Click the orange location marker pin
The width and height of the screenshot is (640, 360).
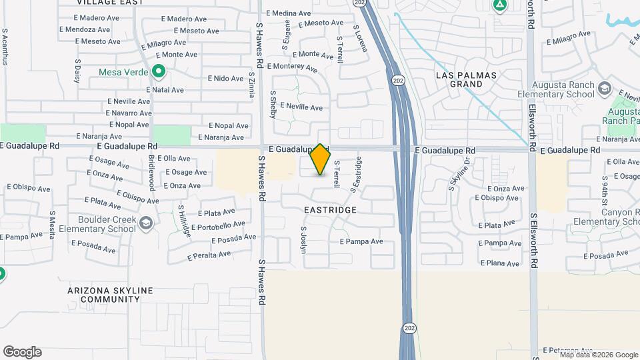point(321,159)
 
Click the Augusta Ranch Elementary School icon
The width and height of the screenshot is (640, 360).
point(604,89)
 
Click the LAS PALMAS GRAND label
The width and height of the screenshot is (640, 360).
point(467,80)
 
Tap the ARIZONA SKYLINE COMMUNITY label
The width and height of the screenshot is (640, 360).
point(110,295)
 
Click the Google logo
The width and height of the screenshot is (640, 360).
point(22,352)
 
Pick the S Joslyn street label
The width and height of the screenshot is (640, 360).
point(303,239)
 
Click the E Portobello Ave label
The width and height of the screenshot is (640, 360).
point(218,226)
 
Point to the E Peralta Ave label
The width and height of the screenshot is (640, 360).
point(209,255)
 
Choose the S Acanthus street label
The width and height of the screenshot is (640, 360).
point(5,46)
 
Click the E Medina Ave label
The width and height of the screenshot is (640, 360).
point(288,13)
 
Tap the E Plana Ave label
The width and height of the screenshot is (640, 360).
point(501,264)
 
